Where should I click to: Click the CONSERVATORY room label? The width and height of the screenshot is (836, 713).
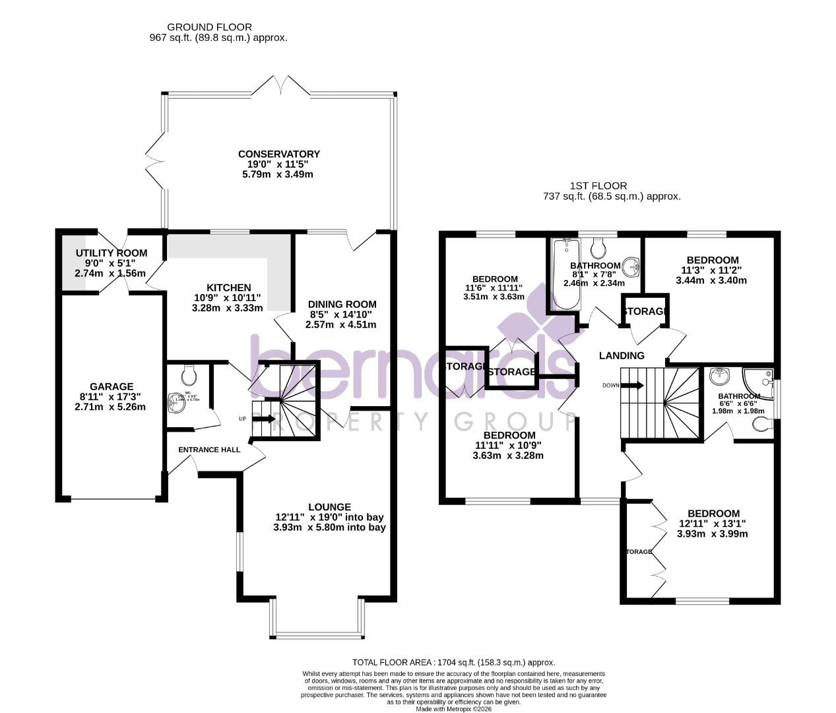tap(278, 154)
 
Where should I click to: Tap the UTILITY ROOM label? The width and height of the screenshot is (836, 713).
tap(111, 254)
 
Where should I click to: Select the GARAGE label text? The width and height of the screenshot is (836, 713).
tap(111, 387)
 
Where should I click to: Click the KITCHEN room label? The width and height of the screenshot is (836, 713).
tap(228, 288)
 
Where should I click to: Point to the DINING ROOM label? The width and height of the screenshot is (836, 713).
tap(342, 304)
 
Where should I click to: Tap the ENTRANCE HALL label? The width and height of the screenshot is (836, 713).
tap(209, 450)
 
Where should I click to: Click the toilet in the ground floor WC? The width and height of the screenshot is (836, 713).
tap(189, 376)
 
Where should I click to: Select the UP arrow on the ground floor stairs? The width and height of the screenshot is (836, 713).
tap(267, 418)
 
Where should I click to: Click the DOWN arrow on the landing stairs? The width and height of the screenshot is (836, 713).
tap(632, 386)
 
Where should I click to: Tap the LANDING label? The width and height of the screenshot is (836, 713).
tap(621, 356)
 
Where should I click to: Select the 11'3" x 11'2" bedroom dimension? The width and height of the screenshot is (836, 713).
tap(711, 270)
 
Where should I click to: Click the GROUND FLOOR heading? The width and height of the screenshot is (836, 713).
tap(209, 27)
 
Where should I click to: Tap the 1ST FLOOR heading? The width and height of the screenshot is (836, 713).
tap(598, 186)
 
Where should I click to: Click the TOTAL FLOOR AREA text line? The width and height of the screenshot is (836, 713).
tap(453, 662)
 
